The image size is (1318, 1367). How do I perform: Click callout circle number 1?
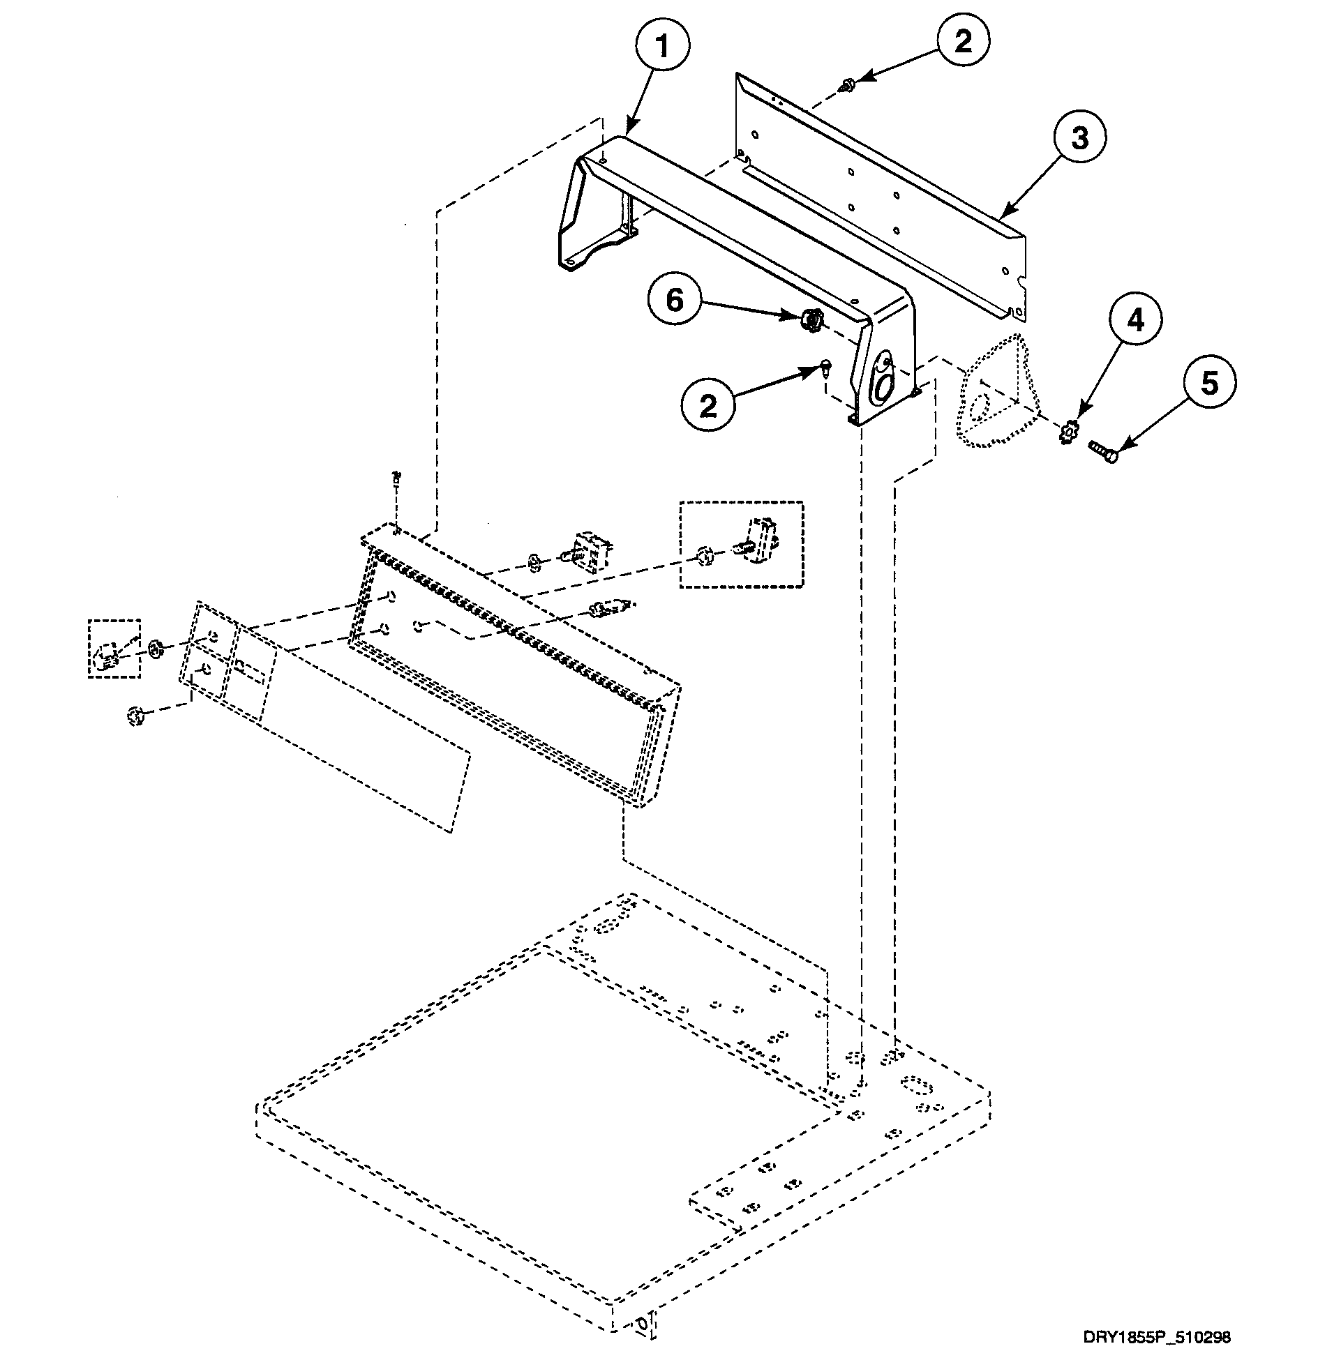662,48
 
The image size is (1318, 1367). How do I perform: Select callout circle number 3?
1079,137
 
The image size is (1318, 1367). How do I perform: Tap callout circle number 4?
1136,322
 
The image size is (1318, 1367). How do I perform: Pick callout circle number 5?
1208,383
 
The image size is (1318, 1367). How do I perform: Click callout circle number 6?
674,300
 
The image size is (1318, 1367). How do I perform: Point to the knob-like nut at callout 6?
811,319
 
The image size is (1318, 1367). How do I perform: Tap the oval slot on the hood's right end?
883,384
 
